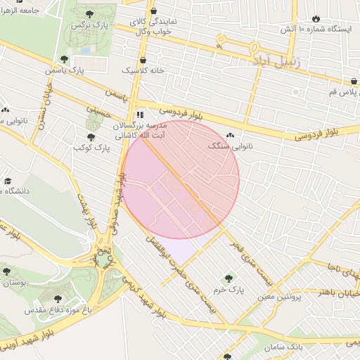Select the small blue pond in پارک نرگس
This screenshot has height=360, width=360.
click(x=85, y=50)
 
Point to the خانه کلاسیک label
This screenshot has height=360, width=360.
click(x=143, y=71)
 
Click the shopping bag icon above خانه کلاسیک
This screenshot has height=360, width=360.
click(x=143, y=60)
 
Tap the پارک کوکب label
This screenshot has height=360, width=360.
click(x=92, y=148)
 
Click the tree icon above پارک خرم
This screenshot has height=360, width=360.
click(x=226, y=278)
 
